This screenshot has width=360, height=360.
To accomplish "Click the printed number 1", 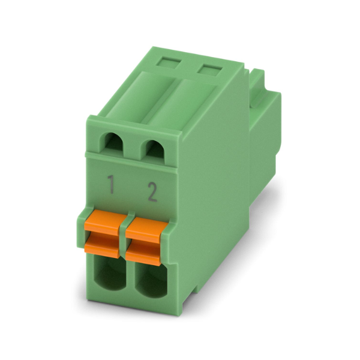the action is pos(112,184).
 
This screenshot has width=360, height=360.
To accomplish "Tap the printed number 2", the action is pos(152,192).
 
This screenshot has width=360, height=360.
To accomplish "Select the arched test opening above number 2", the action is pos(154,149).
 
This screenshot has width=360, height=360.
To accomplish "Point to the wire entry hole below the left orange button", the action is pos(110,273).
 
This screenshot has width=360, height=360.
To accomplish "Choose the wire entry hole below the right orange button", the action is pos(151,281).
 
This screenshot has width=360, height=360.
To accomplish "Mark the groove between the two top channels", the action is pos(160,99).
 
